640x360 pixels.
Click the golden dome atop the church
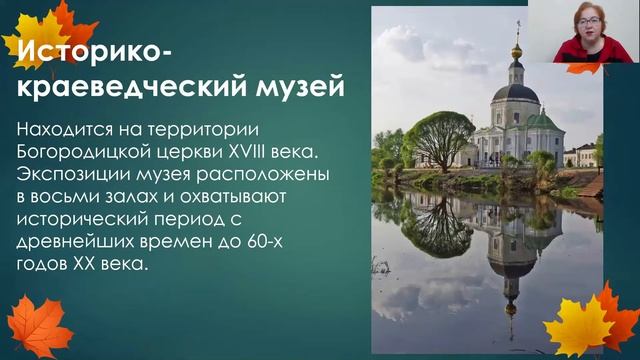coord(517,50)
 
